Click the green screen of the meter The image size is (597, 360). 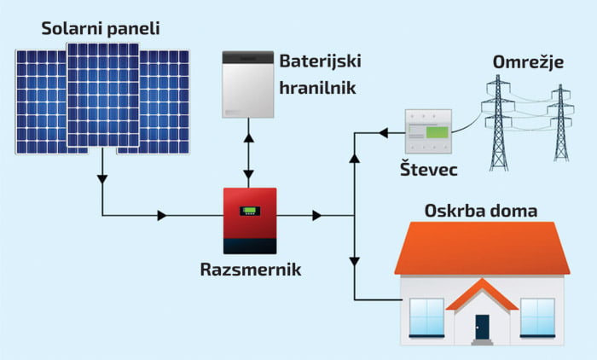coord(436,131)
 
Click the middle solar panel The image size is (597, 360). coord(103,94)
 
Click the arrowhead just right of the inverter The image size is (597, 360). coord(316,216)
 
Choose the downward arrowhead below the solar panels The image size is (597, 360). coord(102,180)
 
